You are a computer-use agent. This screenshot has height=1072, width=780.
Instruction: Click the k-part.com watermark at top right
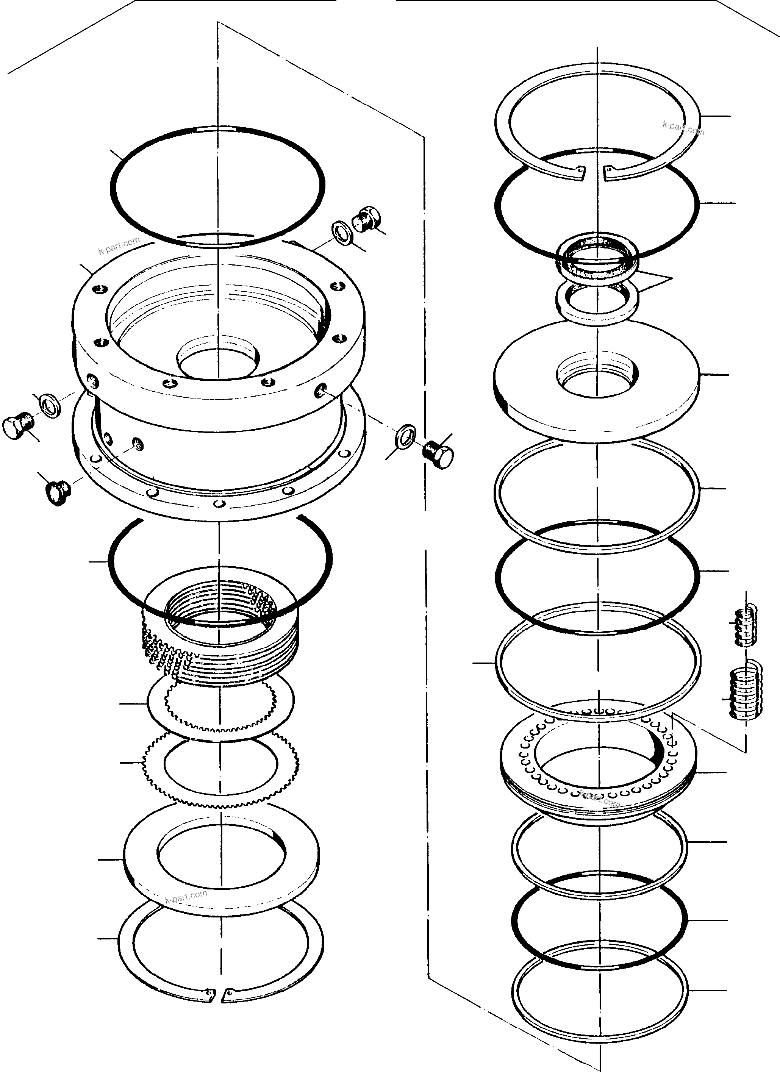[x=683, y=128]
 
